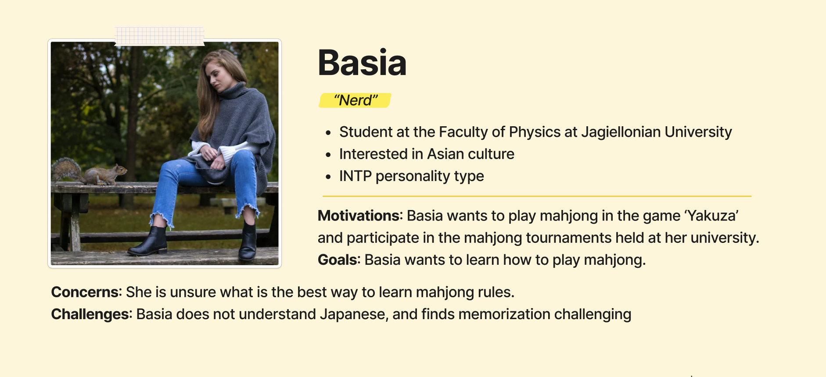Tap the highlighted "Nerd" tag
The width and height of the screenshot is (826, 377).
[x=355, y=100]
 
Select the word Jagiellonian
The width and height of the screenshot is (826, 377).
[x=621, y=132]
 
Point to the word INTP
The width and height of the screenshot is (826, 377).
[x=356, y=176]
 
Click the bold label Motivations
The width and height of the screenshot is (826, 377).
[x=359, y=216]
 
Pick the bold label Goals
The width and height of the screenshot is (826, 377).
[x=338, y=260]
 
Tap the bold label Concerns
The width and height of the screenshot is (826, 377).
[x=85, y=292]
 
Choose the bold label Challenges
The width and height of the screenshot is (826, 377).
[x=90, y=314]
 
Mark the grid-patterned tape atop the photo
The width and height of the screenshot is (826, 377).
[x=160, y=36]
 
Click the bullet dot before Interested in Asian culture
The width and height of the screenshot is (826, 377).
[x=328, y=154]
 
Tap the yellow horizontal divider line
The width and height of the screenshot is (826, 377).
[x=537, y=196]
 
